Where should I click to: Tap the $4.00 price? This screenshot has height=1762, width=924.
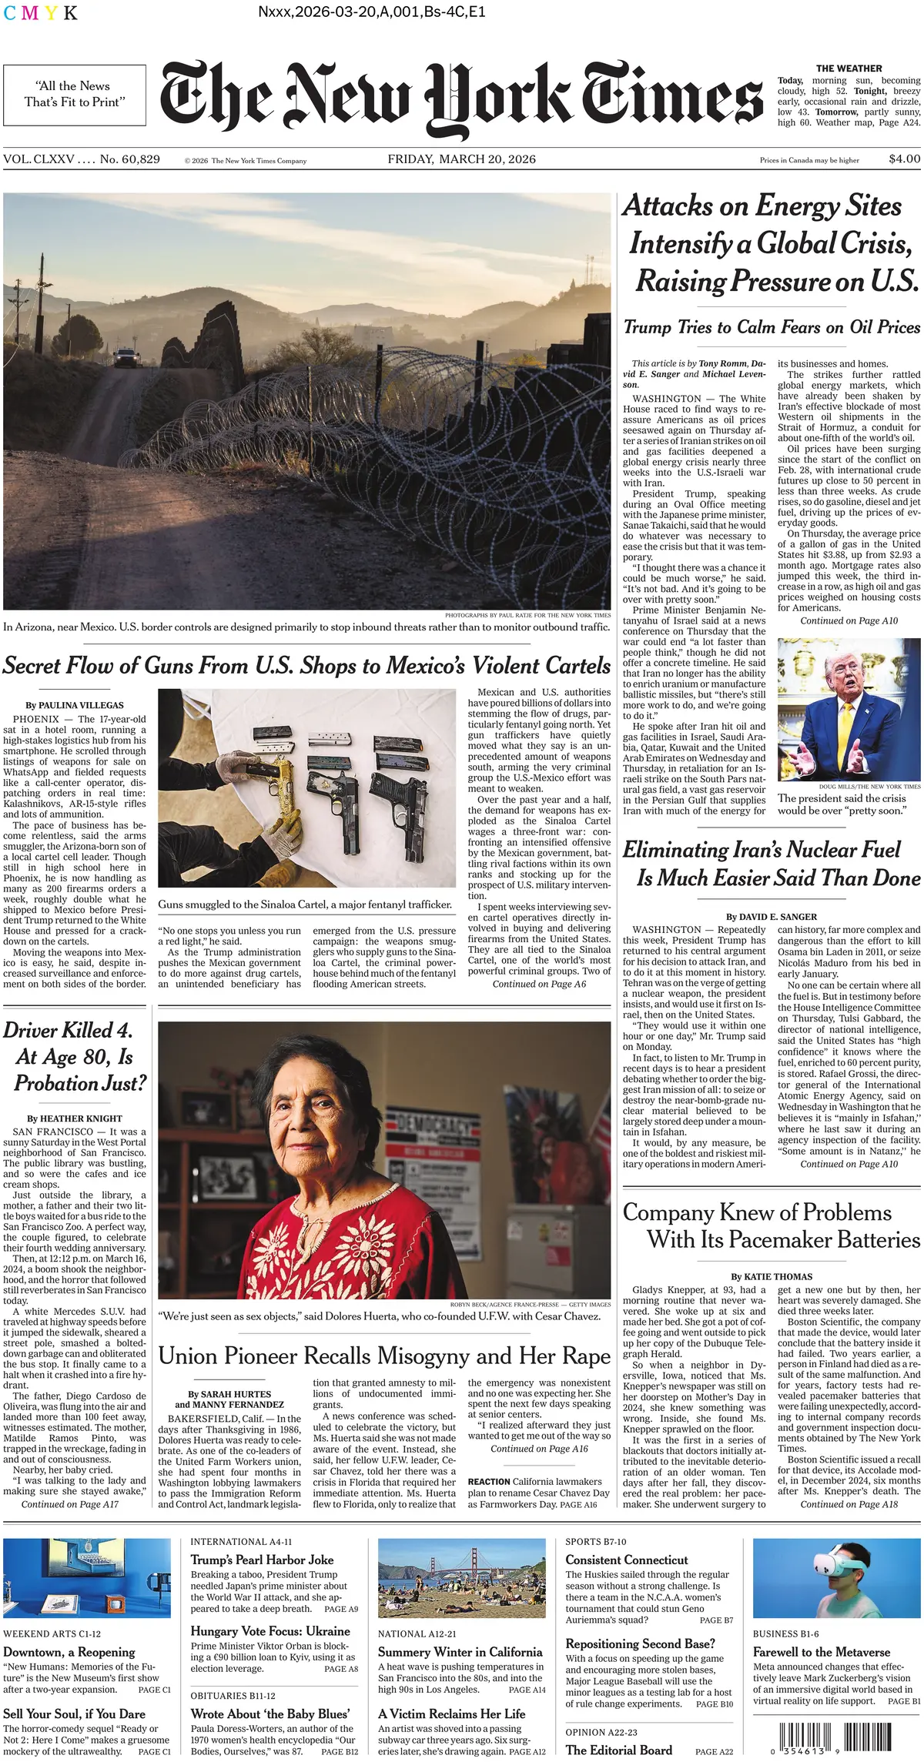point(904,159)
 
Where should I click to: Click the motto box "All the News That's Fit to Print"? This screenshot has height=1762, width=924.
point(74,95)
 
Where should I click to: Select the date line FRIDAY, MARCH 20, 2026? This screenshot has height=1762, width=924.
point(461,159)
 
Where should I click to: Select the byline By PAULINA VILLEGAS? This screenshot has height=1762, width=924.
point(75,705)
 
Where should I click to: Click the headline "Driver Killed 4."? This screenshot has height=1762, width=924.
point(69,1031)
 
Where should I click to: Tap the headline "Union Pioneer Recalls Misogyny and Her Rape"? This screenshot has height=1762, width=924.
point(384,1356)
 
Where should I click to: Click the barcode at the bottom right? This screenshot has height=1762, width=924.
point(812,1737)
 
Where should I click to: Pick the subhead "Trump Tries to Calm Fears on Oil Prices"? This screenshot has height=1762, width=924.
point(772,327)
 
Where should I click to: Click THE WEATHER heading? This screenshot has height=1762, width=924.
point(849,69)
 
